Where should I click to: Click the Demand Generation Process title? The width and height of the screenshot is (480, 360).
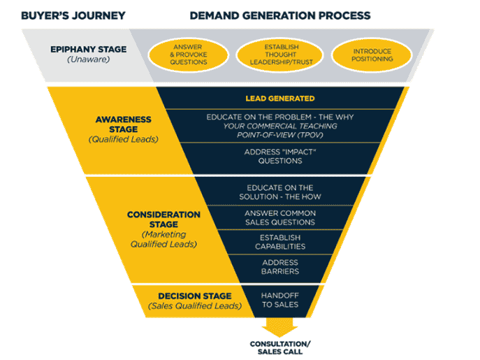coord(279,15)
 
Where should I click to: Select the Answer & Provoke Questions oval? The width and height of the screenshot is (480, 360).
coord(187,55)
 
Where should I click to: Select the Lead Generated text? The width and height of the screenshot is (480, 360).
coord(279,99)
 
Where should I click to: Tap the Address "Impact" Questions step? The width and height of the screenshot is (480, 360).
coord(273,156)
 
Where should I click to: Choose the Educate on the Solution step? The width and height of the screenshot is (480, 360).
coord(281,193)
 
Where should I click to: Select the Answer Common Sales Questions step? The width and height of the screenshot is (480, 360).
coord(279,217)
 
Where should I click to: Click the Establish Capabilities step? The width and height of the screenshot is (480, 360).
coord(279,241)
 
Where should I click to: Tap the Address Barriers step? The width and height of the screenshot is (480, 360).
coord(279,267)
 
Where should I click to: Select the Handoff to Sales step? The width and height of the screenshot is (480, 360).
coord(279,298)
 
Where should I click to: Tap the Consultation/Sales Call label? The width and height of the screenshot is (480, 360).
coord(281,347)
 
